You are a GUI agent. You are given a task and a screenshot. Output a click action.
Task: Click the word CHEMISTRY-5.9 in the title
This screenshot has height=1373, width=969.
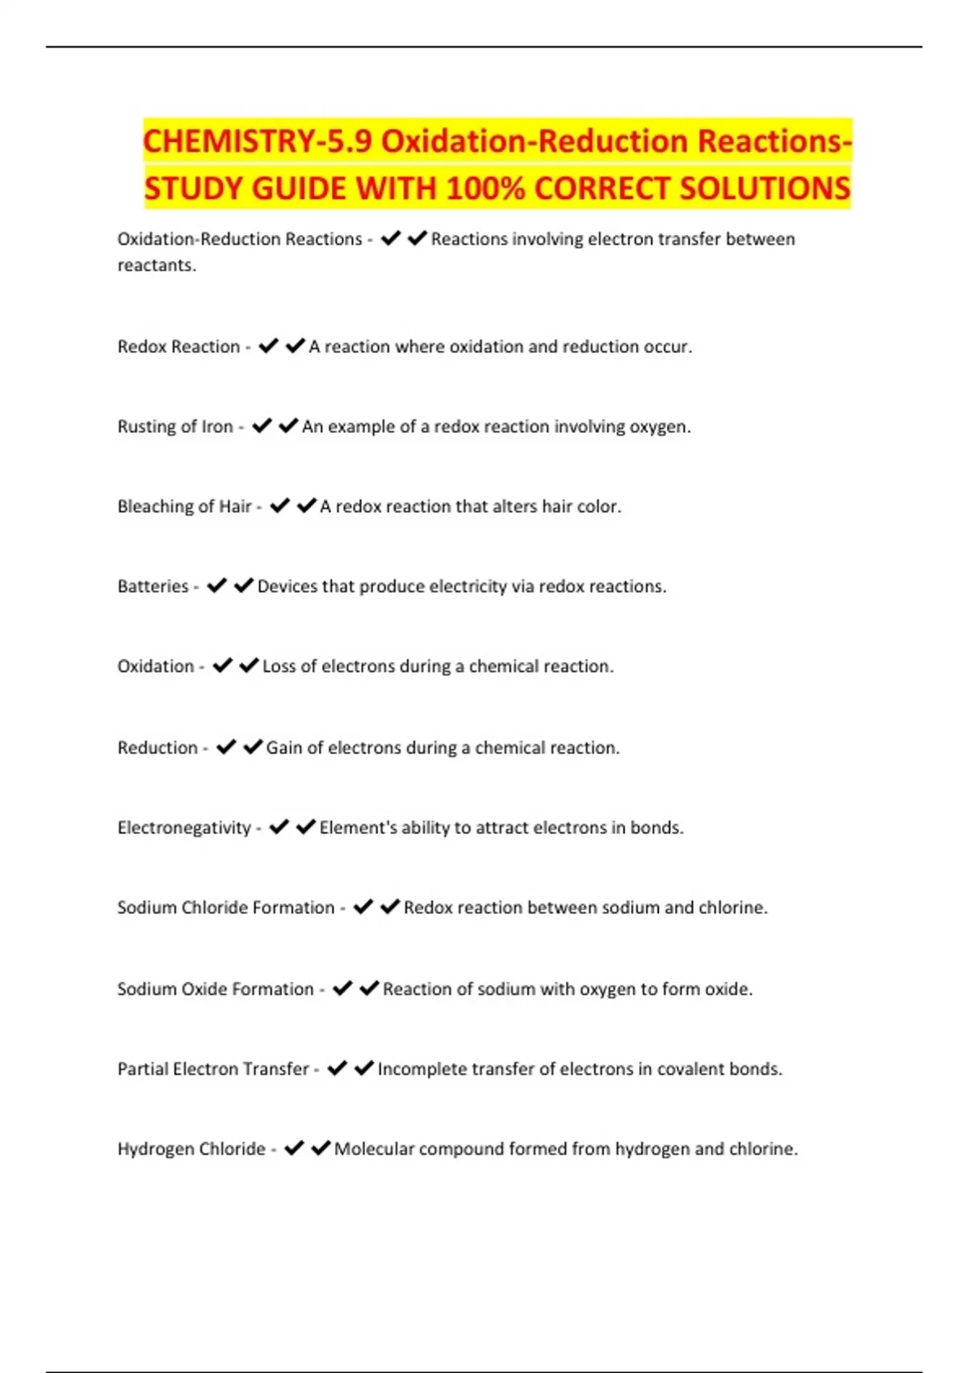(257, 141)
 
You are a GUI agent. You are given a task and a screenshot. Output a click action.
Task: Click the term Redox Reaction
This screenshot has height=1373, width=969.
(178, 346)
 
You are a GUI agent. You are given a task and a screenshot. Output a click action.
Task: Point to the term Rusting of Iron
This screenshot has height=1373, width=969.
(175, 426)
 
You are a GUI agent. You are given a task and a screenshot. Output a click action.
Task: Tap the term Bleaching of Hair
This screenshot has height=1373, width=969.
(184, 506)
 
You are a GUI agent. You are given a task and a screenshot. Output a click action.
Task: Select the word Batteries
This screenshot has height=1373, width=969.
(153, 586)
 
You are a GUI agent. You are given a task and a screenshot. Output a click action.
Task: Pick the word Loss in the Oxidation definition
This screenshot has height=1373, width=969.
(279, 666)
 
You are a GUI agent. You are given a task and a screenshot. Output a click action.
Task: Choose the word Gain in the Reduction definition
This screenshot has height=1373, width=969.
(283, 748)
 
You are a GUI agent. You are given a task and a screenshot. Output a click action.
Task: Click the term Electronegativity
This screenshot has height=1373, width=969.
(184, 828)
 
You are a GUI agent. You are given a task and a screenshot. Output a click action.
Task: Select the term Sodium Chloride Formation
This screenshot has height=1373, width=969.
(225, 908)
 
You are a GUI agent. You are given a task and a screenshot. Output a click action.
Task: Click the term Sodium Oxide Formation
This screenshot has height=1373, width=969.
(215, 989)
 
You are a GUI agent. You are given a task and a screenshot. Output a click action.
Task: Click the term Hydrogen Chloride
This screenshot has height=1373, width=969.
(191, 1149)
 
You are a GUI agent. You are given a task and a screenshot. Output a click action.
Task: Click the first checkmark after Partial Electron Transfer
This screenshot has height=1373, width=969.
(338, 1068)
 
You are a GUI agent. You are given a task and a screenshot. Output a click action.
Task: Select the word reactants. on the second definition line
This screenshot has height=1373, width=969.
(157, 266)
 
